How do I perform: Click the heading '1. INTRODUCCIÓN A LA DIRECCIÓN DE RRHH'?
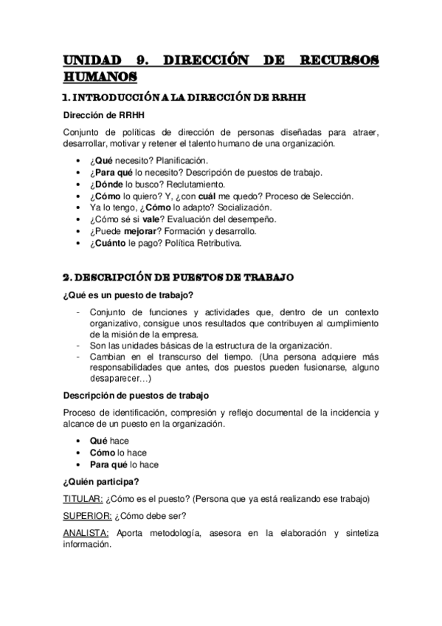click(184, 97)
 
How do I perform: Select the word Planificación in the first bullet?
click(182, 159)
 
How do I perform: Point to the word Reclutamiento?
click(190, 184)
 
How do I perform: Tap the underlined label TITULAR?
click(77, 498)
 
